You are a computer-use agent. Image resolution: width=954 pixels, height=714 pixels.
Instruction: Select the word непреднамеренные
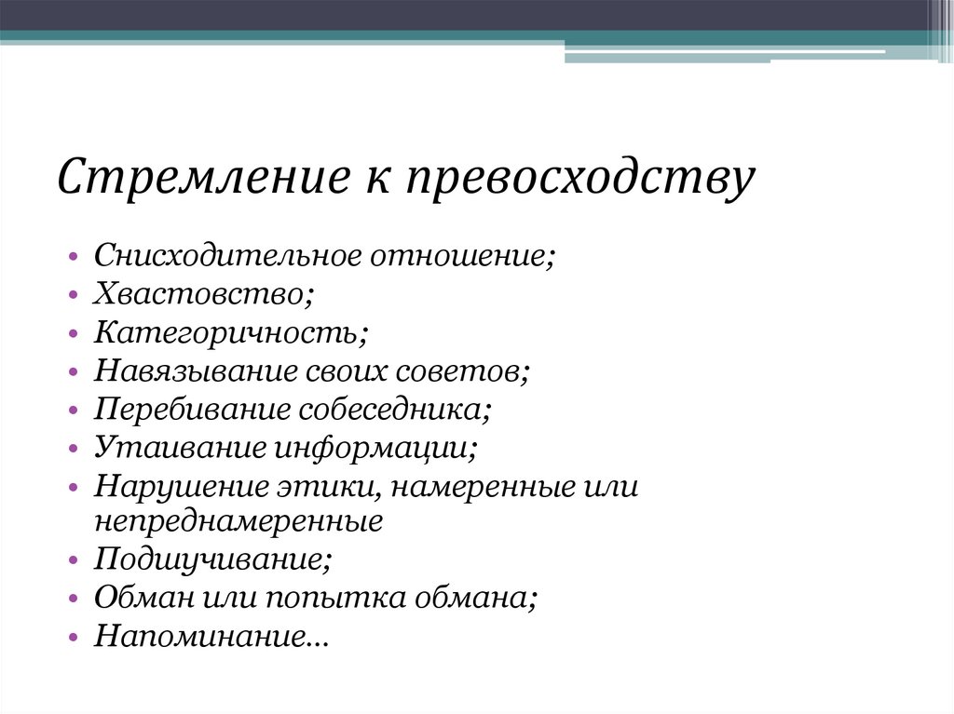coord(238,520)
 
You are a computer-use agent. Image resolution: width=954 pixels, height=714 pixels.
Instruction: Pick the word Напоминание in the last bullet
coord(211,637)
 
